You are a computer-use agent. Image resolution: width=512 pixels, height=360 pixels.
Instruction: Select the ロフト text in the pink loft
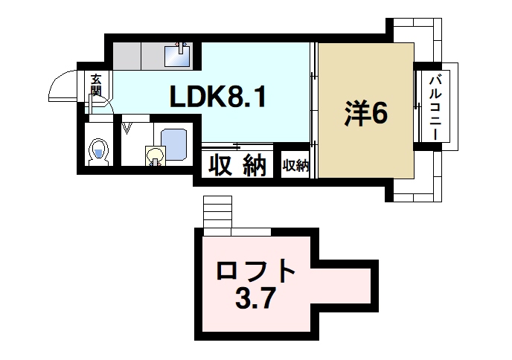coord(256,271)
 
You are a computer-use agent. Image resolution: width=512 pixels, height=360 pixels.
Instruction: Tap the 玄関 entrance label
coord(96,85)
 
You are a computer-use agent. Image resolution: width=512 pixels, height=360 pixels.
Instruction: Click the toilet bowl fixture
coord(98,153)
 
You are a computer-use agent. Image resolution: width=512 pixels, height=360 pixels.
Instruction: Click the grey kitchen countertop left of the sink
coord(138,54)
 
